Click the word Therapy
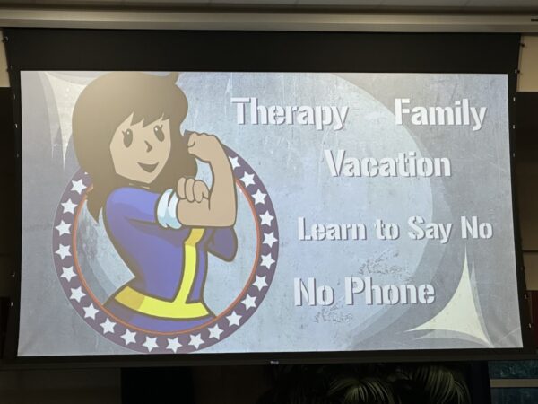[x=290, y=113]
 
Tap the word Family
[x=440, y=113]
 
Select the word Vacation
[x=387, y=164]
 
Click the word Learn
[x=331, y=228]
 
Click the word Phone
[x=390, y=291]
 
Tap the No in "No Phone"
[x=314, y=292]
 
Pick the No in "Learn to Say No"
[x=477, y=228]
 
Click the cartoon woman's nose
[x=149, y=146]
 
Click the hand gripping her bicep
[x=194, y=190]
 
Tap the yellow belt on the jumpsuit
[x=161, y=303]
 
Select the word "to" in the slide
[x=386, y=230]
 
